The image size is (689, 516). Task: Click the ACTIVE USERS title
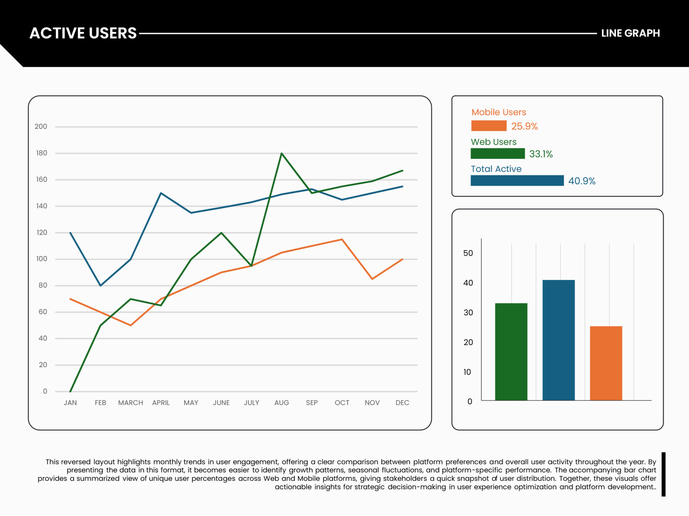pyautogui.click(x=83, y=33)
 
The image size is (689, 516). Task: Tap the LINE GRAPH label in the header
pyautogui.click(x=630, y=33)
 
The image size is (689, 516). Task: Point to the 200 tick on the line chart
pyautogui.click(x=41, y=126)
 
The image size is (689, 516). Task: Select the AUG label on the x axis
pyautogui.click(x=282, y=403)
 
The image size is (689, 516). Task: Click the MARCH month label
pyautogui.click(x=131, y=403)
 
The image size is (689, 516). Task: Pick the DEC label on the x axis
pyautogui.click(x=402, y=403)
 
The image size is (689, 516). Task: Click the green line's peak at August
pyautogui.click(x=282, y=153)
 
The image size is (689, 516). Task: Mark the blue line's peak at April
pyautogui.click(x=161, y=193)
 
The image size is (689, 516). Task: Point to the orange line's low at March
pyautogui.click(x=131, y=325)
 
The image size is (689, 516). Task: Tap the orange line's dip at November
pyautogui.click(x=372, y=279)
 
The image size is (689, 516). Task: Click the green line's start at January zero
pyautogui.click(x=70, y=391)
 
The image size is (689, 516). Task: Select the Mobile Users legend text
pyautogui.click(x=498, y=112)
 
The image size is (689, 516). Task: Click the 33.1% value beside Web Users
pyautogui.click(x=541, y=154)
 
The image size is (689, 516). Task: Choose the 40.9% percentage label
pyautogui.click(x=582, y=181)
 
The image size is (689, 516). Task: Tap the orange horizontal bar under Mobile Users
pyautogui.click(x=489, y=126)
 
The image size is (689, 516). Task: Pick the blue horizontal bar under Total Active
pyautogui.click(x=517, y=181)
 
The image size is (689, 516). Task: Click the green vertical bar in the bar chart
pyautogui.click(x=511, y=352)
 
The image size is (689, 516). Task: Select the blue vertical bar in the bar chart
pyautogui.click(x=558, y=340)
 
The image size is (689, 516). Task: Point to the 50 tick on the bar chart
pyautogui.click(x=468, y=253)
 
